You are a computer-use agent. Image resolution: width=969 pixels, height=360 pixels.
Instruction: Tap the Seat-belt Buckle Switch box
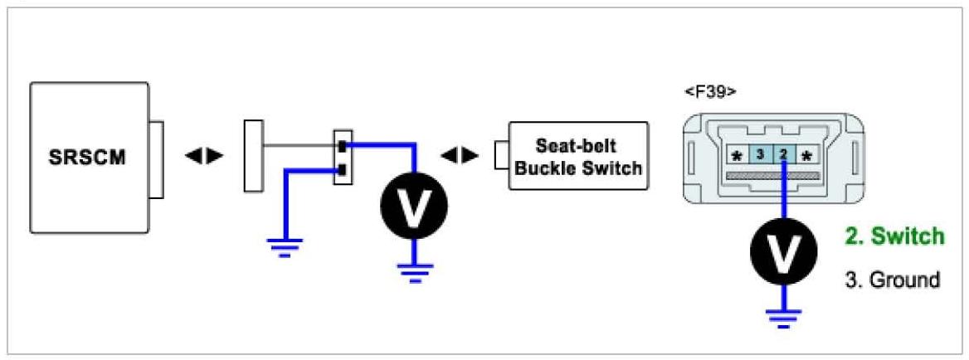coord(578,156)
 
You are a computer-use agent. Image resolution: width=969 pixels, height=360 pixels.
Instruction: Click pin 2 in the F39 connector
coord(783,153)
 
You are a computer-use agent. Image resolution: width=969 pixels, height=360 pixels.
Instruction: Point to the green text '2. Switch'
coord(894,236)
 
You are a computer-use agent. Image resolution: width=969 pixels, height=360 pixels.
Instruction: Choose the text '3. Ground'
coord(893,280)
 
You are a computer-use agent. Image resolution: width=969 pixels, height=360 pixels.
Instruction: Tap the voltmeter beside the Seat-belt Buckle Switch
coord(414,202)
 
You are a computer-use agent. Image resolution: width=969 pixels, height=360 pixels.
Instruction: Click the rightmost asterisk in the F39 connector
coord(807,154)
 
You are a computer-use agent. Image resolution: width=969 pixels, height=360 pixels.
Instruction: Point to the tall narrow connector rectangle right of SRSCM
coord(253,156)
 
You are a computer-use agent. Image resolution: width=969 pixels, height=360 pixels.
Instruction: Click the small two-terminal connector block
coord(342,157)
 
